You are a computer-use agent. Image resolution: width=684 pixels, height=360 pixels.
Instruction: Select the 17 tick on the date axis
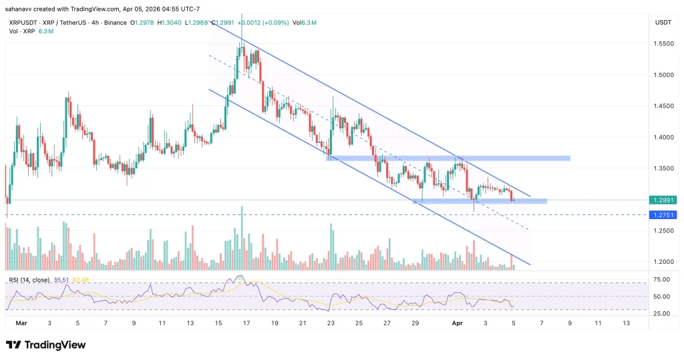246,322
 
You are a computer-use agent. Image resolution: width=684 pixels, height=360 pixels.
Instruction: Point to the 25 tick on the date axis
359,322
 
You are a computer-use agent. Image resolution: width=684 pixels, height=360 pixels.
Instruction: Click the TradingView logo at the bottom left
46,345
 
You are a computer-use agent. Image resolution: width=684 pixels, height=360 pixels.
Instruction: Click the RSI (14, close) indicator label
28,280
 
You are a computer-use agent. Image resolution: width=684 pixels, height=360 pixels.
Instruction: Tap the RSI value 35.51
60,280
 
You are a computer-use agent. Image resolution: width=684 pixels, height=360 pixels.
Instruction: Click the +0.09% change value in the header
275,23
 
